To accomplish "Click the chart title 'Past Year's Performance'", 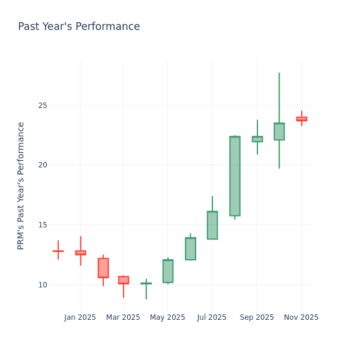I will pos(79,27).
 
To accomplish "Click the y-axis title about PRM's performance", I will pos(21,185).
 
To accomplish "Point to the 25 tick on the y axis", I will pos(42,106).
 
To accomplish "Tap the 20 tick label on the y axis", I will pos(42,165).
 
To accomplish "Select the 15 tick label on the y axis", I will pos(42,225).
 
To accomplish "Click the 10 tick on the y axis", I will pos(42,284).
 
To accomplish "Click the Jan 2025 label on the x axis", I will pos(80,317).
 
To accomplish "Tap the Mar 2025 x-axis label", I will pos(123,317).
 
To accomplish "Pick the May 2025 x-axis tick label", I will pos(167,317).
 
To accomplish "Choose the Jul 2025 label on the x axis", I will pos(211,317).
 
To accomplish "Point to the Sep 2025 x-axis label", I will pos(257,317).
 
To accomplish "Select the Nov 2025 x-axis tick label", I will pos(301,317).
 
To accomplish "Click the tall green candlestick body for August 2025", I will pos(235,176).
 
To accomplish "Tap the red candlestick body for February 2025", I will pos(103,268).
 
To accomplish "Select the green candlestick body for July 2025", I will pos(212,225).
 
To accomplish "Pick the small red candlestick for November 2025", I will pos(301,119).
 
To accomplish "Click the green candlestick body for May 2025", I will pos(168,271).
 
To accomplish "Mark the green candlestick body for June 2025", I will pos(190,248).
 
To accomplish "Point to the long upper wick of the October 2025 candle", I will pos(279,96).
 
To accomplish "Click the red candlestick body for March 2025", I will pos(124,280).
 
